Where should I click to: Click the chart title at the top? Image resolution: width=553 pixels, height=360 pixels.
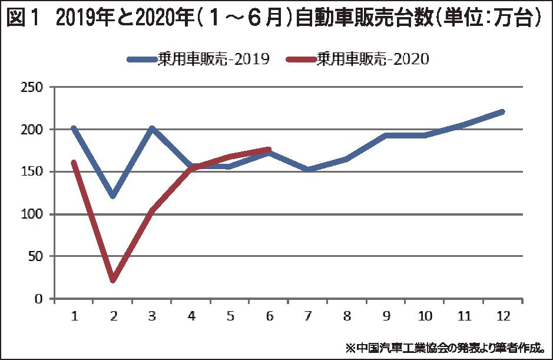pyautogui.click(x=276, y=19)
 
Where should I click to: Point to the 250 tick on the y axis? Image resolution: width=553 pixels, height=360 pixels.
pyautogui.click(x=35, y=87)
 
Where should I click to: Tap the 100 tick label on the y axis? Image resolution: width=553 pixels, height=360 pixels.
pyautogui.click(x=35, y=214)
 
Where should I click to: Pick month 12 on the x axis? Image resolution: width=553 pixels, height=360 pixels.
pyautogui.click(x=503, y=316)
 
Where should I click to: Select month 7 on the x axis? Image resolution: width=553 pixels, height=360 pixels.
pyautogui.click(x=308, y=316)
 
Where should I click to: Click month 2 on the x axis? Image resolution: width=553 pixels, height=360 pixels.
pyautogui.click(x=113, y=316)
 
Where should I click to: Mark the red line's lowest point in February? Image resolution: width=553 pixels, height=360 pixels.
pyautogui.click(x=113, y=280)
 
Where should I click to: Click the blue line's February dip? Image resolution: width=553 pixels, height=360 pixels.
pyautogui.click(x=113, y=196)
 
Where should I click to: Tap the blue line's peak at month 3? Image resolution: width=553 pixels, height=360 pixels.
pyautogui.click(x=152, y=128)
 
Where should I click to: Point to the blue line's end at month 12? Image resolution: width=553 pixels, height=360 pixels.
pyautogui.click(x=502, y=111)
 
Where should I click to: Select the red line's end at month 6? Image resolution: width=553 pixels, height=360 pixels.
pyautogui.click(x=269, y=150)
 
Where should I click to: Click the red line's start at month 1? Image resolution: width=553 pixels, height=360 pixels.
pyautogui.click(x=74, y=162)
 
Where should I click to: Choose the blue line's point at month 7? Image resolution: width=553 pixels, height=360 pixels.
pyautogui.click(x=308, y=170)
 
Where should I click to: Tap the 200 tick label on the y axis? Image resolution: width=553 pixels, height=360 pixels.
pyautogui.click(x=35, y=130)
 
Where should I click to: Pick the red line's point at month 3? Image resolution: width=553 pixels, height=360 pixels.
pyautogui.click(x=152, y=210)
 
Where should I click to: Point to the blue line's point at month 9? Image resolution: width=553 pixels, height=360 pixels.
pyautogui.click(x=386, y=135)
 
